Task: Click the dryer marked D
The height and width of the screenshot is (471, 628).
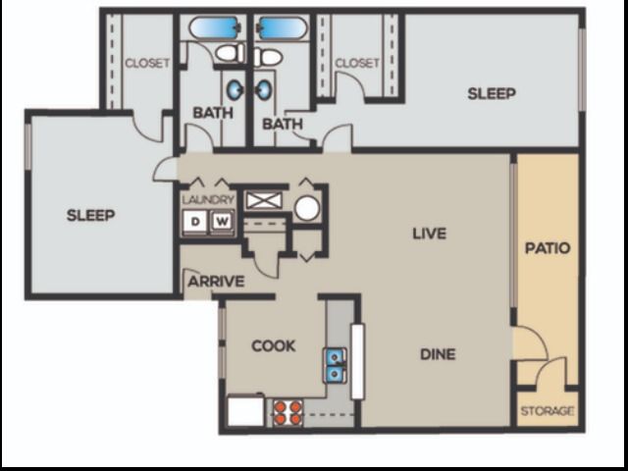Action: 195,221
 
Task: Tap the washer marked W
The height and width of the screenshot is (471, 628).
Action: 223,221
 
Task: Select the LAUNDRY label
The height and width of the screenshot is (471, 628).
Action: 208,199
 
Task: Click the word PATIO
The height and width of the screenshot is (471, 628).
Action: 548,248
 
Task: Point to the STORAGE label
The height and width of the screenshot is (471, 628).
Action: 548,411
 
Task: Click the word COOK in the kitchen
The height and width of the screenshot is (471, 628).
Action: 274,346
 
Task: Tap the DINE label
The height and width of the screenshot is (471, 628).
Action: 438,354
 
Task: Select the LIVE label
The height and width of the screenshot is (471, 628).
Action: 430,234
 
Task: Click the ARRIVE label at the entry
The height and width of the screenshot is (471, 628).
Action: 216,282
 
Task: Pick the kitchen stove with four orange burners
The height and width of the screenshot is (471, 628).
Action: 288,412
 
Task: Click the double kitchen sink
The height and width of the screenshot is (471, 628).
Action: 335,365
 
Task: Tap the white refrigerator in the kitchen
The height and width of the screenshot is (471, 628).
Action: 246,410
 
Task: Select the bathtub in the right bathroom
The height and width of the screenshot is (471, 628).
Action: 282,27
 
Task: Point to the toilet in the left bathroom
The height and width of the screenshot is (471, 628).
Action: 230,53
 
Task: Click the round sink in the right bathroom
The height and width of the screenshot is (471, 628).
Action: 264,89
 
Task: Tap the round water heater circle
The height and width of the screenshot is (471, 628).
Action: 307,208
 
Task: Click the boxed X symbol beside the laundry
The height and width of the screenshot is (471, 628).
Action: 264,200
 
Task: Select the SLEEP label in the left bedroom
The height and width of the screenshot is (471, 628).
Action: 91,216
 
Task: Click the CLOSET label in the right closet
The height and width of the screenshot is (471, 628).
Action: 357,63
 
